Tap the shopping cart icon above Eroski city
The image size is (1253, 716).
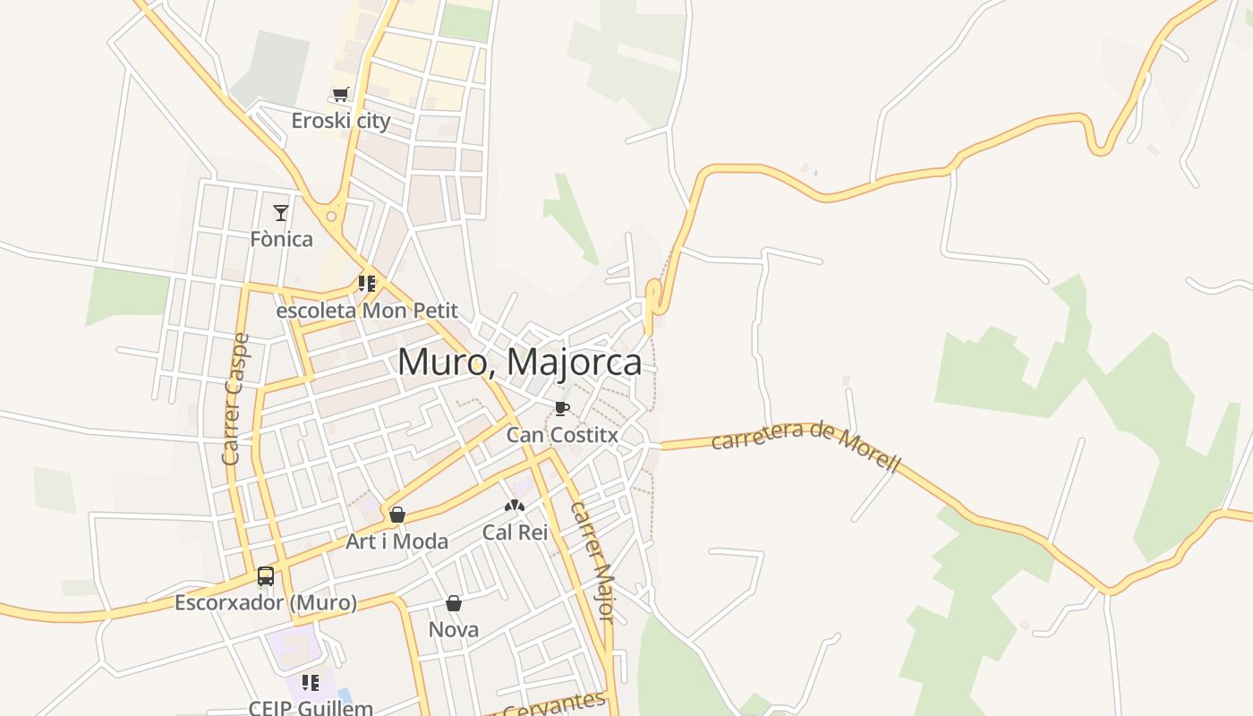click(x=340, y=94)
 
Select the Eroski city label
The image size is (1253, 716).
click(x=341, y=120)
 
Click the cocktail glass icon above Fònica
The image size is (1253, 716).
click(x=281, y=212)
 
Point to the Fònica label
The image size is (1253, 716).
click(x=281, y=239)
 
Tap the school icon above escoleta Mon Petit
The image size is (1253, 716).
click(x=366, y=284)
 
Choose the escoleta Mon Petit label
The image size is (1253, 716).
click(x=367, y=311)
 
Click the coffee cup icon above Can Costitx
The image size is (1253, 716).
click(x=562, y=409)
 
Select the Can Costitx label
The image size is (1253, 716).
click(x=562, y=435)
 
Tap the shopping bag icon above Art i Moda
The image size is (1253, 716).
click(x=397, y=515)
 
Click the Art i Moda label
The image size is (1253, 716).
click(x=397, y=541)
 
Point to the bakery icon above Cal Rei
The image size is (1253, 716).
click(x=514, y=506)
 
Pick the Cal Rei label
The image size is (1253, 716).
click(x=515, y=532)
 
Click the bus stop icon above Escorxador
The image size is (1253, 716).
click(x=266, y=575)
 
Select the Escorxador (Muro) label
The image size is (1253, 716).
click(x=266, y=602)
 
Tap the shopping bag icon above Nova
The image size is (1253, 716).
click(x=454, y=603)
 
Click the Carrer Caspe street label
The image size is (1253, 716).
click(x=235, y=399)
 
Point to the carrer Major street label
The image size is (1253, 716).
click(x=593, y=561)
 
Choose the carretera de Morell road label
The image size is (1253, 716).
click(x=805, y=447)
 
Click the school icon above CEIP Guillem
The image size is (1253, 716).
click(x=311, y=683)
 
